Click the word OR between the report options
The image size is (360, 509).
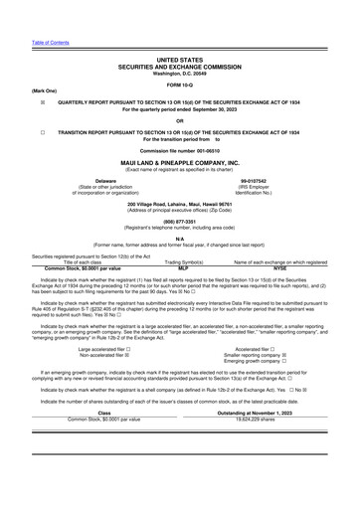pos(179,119)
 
